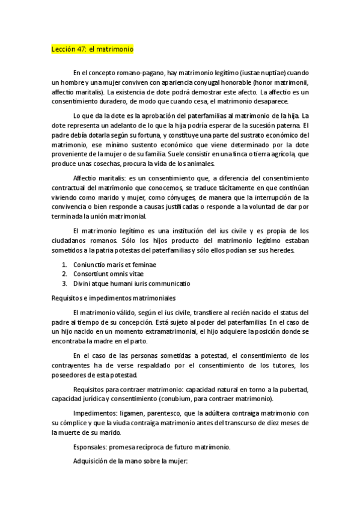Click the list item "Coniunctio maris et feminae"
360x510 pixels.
pos(105,264)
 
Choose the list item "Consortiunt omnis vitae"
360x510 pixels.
pos(101,274)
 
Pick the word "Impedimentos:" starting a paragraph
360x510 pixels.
pos(94,414)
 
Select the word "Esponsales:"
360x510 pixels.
pos(91,447)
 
